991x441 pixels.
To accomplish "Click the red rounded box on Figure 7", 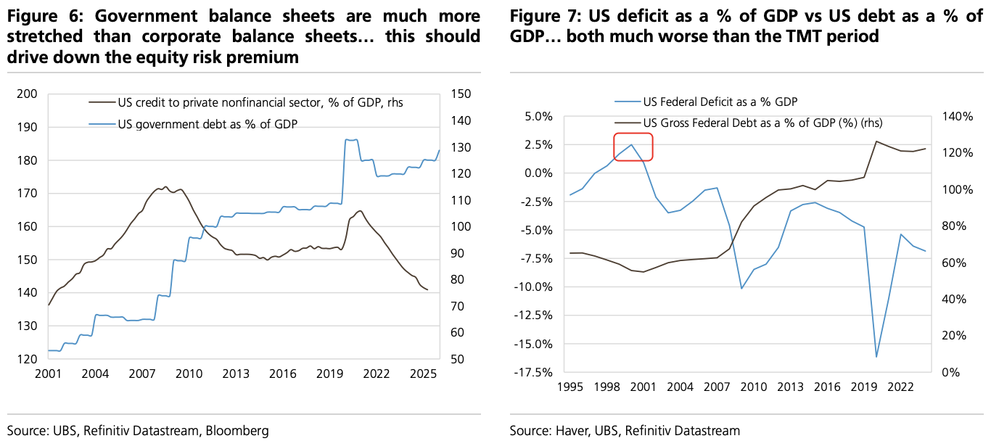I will coord(633,147).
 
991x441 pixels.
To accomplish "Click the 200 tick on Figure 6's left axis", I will coord(28,94).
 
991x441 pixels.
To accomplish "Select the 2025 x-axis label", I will coord(423,374).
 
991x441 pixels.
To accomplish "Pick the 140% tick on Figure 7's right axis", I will coord(958,116).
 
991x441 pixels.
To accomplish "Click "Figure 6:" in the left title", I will coord(41,16).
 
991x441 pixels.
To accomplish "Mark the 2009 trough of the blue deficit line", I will coord(741,289).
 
